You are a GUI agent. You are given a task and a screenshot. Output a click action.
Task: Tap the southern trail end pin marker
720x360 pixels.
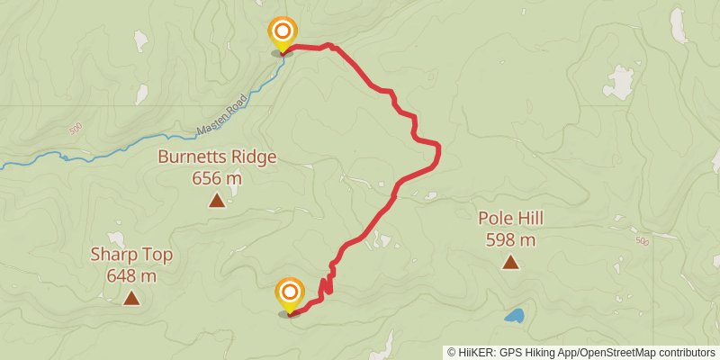tap(290, 294)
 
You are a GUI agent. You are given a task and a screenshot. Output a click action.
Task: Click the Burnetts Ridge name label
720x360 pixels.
tap(217, 157)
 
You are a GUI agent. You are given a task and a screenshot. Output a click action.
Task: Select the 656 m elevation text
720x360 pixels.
tap(217, 177)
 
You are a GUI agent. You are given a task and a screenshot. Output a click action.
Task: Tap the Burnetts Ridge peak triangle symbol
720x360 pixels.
tap(217, 200)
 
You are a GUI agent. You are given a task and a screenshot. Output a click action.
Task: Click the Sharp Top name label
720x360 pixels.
tap(131, 255)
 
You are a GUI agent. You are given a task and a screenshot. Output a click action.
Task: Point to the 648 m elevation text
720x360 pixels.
tap(131, 275)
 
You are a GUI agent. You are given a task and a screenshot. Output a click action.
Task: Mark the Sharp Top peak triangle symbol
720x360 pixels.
tap(131, 298)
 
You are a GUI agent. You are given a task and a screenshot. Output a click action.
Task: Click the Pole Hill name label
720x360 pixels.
tap(510, 218)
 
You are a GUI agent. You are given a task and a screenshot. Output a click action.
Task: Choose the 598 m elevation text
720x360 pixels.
tap(510, 239)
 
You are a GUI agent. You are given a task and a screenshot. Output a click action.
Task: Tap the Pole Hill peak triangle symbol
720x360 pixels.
tap(510, 262)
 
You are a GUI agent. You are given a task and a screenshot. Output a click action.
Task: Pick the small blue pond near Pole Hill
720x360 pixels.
tap(514, 316)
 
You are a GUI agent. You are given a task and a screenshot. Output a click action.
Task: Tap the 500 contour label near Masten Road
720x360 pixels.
tap(75, 130)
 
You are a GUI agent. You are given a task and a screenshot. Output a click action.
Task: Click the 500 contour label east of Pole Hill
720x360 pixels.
tap(641, 241)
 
